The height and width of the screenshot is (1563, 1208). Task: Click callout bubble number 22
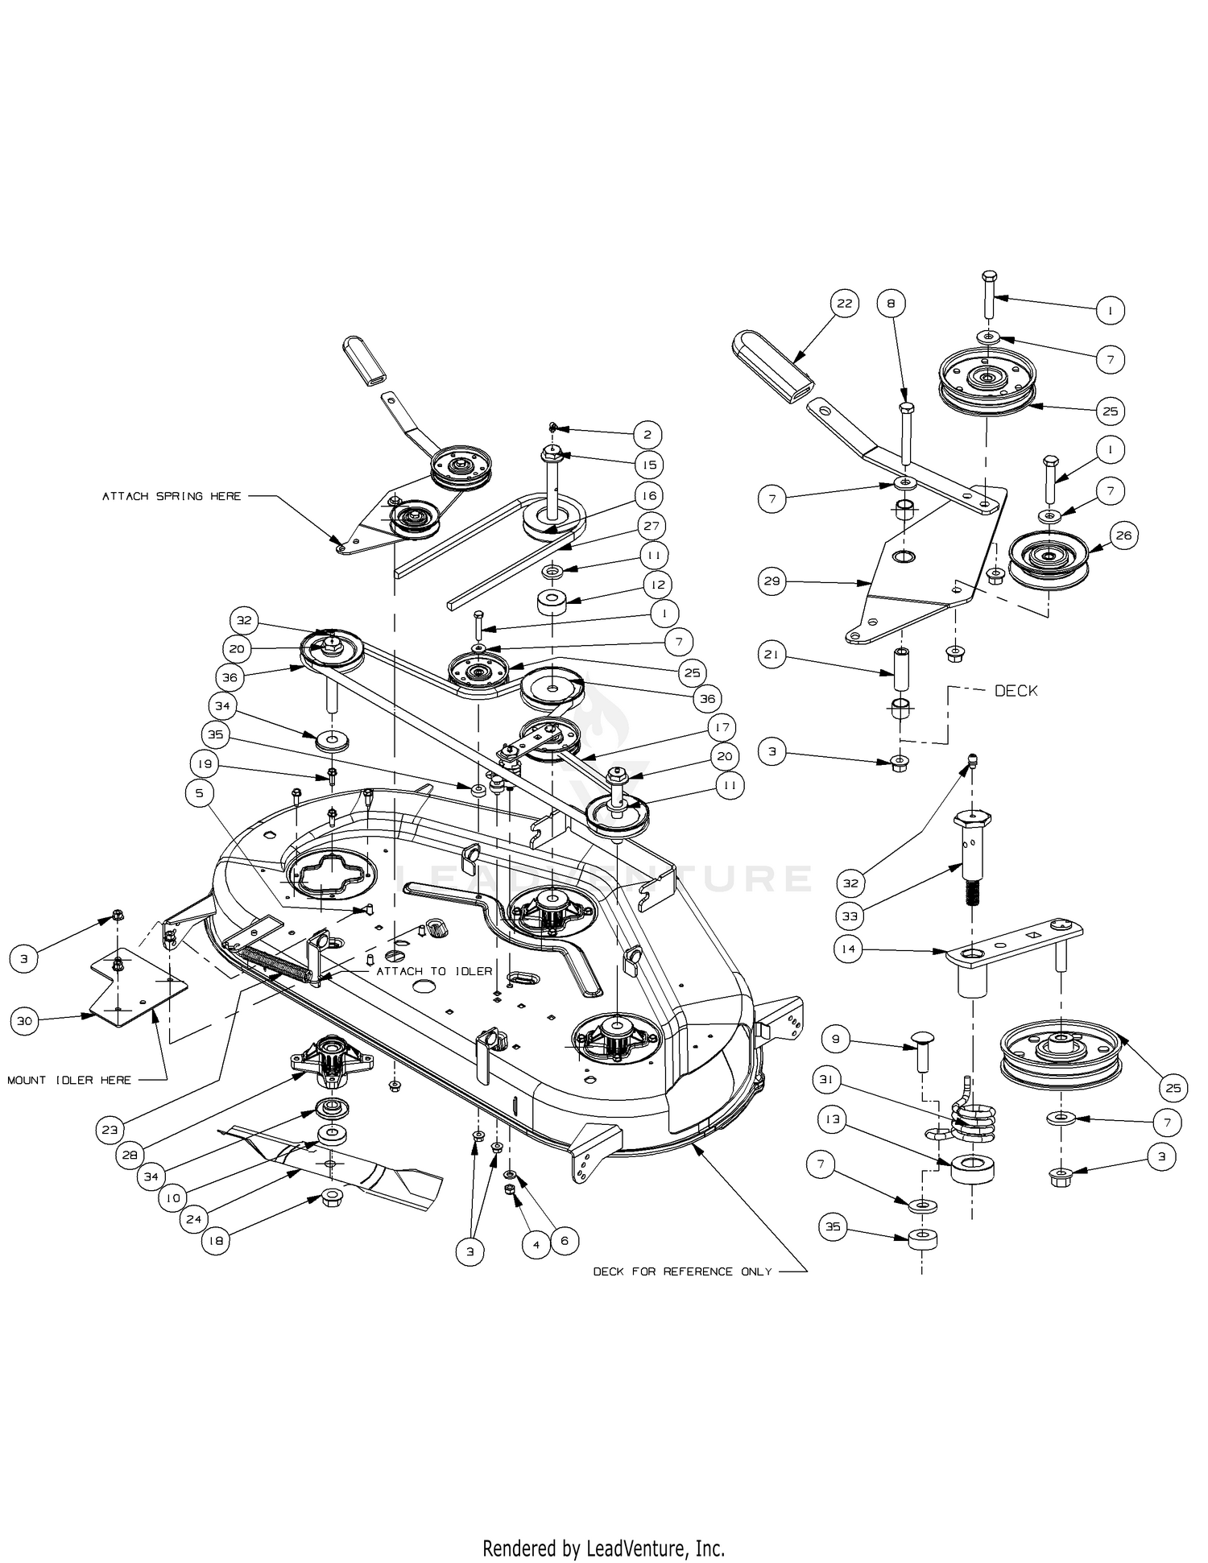pos(844,304)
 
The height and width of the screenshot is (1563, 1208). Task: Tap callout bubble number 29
pos(772,581)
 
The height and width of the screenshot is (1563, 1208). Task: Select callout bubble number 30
pos(25,1022)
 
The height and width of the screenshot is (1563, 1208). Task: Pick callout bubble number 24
pos(194,1219)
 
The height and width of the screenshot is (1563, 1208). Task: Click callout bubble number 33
pos(850,916)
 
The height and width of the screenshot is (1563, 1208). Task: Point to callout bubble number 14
pos(848,949)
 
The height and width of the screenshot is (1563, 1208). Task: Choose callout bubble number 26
pos(1124,535)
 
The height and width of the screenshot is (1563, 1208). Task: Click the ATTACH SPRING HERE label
pos(172,496)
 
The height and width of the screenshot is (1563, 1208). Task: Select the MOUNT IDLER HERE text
pos(69,1080)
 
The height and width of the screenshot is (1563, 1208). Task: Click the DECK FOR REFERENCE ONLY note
pos(682,1271)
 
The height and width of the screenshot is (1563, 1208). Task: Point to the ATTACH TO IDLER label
pos(434,971)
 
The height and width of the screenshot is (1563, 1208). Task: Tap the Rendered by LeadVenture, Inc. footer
pos(603,1547)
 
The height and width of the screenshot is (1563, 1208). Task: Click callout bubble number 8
pos(892,304)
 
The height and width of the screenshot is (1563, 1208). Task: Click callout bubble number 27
pos(651,526)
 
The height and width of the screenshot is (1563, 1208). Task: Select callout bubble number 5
pos(200,793)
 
